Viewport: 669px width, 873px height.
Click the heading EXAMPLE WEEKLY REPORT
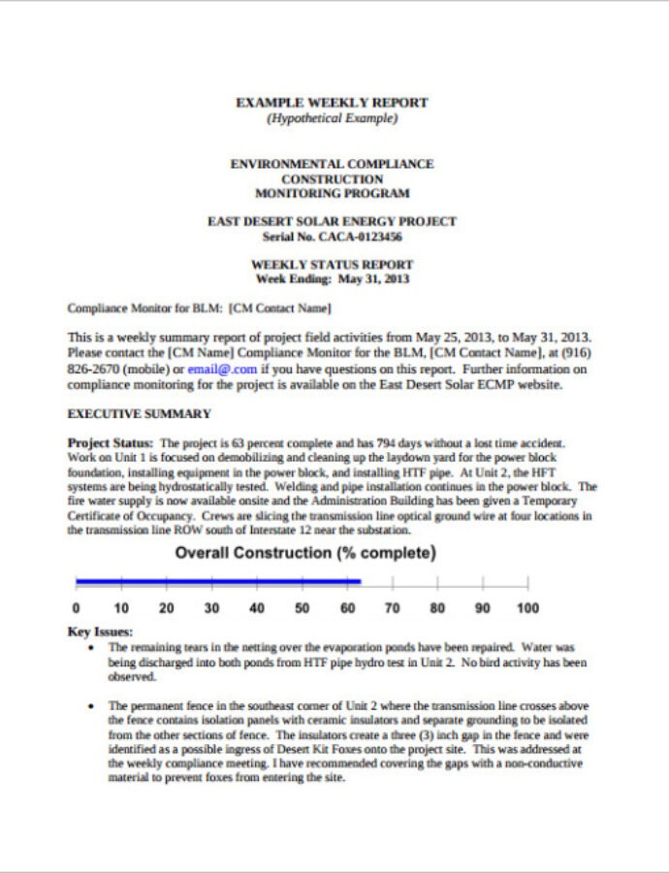(x=333, y=103)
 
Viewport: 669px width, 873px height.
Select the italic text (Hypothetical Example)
(x=333, y=118)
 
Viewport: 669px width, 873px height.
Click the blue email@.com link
(x=222, y=369)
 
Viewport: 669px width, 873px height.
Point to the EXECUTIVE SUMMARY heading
(x=139, y=414)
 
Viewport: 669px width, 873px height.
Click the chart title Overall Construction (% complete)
(x=305, y=554)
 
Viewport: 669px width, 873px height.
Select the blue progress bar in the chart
(x=218, y=581)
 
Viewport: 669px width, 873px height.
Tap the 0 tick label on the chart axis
(x=77, y=609)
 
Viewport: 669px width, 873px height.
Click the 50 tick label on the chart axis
(x=302, y=609)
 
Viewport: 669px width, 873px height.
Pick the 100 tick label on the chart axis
(x=527, y=609)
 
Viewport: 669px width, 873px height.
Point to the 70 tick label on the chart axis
(x=392, y=609)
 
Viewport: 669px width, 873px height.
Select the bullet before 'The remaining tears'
(x=91, y=647)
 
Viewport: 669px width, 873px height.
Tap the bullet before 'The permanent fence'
(x=91, y=707)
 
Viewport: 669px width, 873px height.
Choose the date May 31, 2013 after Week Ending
(x=373, y=279)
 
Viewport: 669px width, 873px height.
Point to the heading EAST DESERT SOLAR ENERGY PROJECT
(x=333, y=222)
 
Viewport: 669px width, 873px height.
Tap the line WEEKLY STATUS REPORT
(x=333, y=265)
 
